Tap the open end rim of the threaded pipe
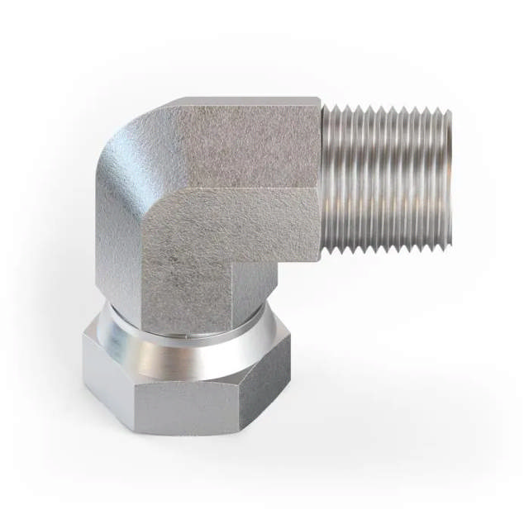tap(450, 175)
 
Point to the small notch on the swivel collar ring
tap(189, 337)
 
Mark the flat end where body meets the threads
tap(322, 178)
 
